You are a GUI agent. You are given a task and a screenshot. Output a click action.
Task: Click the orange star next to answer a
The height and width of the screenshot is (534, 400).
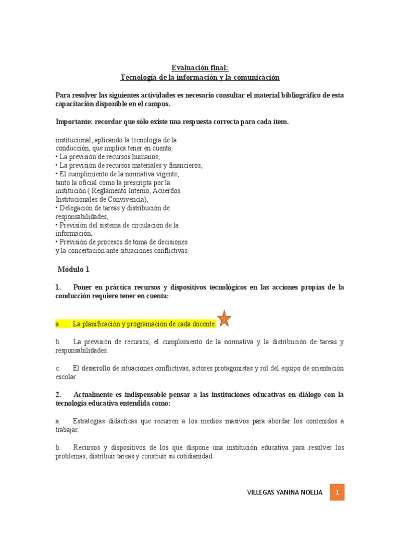224,318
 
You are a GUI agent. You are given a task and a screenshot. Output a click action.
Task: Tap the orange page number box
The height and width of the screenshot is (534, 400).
337,492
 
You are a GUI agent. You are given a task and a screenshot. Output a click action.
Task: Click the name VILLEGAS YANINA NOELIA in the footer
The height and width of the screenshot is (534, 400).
283,492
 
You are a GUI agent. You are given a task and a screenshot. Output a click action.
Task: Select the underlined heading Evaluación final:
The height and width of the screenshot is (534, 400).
199,67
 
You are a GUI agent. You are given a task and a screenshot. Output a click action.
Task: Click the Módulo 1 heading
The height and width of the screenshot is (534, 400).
73,269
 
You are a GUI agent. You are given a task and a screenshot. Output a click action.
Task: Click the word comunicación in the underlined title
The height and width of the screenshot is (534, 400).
258,77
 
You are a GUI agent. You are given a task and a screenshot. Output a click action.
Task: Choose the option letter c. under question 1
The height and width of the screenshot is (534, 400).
57,368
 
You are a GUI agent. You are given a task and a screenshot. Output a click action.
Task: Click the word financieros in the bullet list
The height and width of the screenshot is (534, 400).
184,165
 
